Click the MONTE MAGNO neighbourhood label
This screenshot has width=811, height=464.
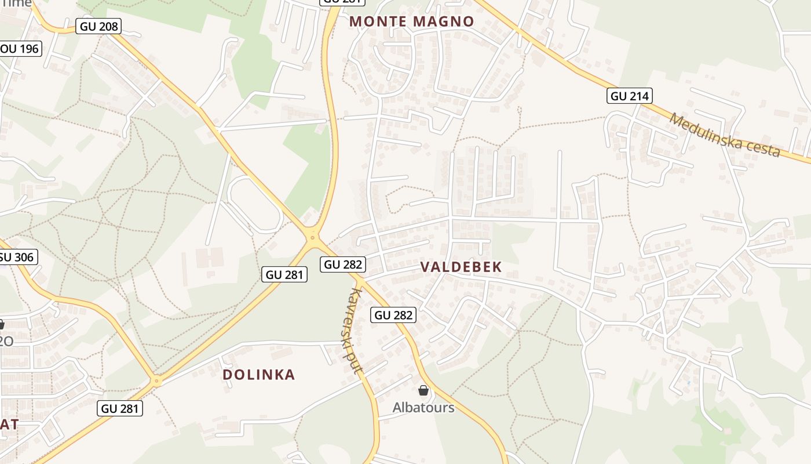(x=412, y=22)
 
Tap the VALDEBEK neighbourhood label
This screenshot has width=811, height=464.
(x=461, y=267)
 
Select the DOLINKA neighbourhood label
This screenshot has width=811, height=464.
(x=259, y=375)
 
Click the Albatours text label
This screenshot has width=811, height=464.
(x=423, y=407)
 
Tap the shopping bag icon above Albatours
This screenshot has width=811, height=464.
(x=423, y=390)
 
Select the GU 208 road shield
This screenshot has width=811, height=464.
(x=98, y=26)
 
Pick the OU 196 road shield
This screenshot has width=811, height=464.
(x=20, y=49)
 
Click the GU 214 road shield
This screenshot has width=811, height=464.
(x=630, y=96)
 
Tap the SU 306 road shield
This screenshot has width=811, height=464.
(x=17, y=257)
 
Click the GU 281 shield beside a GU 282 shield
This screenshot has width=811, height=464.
(x=284, y=274)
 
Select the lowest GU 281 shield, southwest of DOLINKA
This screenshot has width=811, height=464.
(x=120, y=408)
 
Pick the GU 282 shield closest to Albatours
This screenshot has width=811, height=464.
(x=393, y=315)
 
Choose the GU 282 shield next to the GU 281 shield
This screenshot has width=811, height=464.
(x=344, y=264)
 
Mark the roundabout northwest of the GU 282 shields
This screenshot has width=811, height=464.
(x=313, y=237)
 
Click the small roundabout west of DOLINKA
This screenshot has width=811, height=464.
(x=156, y=381)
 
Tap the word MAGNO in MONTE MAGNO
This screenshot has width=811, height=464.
(x=445, y=22)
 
